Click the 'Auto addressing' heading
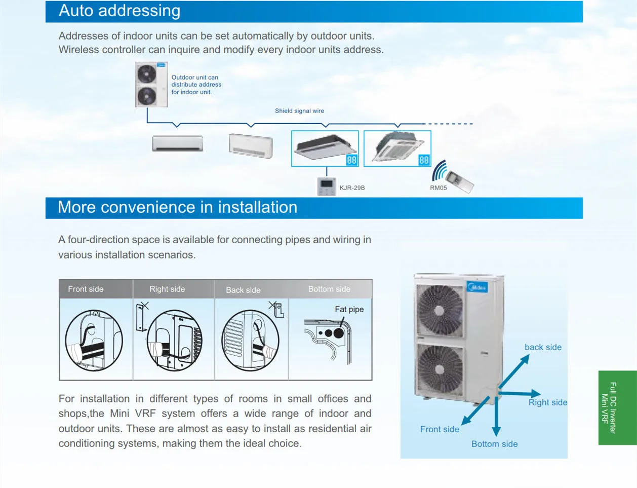(120, 11)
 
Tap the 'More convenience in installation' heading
(177, 207)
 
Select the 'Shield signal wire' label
(299, 111)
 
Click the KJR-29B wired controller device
(326, 186)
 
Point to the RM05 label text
(439, 188)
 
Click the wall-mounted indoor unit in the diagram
(178, 143)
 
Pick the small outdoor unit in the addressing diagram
(151, 84)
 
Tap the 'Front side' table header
(86, 289)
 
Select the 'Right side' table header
(167, 289)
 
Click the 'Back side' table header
(243, 290)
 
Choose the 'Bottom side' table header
(329, 289)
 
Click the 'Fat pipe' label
(349, 310)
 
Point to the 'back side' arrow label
(543, 348)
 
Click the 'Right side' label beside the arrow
(547, 402)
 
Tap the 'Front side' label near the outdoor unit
(440, 429)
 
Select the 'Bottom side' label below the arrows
(494, 444)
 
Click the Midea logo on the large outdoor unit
(477, 287)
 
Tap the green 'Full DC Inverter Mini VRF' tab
(617, 408)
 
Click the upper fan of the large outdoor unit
(439, 310)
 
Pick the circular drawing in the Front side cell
(94, 340)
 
